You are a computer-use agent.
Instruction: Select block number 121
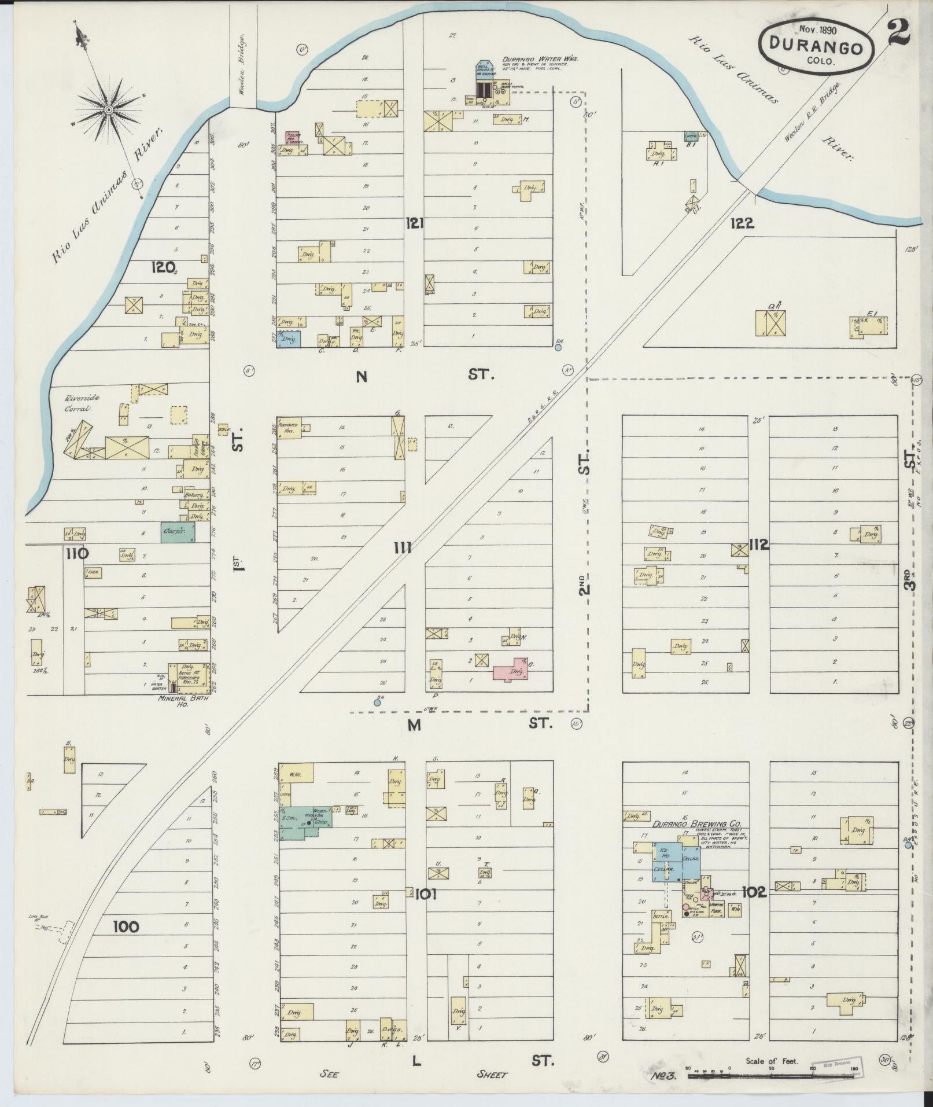[x=414, y=222]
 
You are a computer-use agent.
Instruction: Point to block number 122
[x=742, y=223]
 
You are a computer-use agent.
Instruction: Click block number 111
[x=402, y=546]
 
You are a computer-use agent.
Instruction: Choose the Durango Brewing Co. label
[x=697, y=825]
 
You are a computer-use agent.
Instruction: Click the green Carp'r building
[x=178, y=531]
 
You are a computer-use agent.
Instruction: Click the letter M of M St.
[x=414, y=724]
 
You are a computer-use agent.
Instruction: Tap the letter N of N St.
[x=362, y=377]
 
